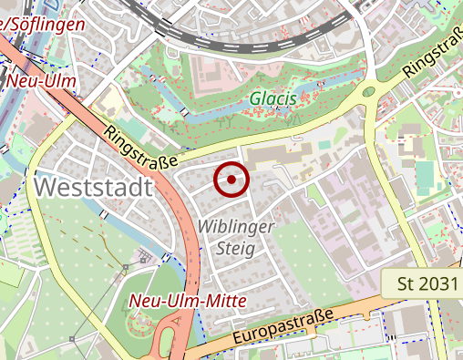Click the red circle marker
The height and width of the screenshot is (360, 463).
pyautogui.click(x=231, y=180)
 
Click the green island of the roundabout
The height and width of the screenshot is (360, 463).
pyautogui.click(x=368, y=90)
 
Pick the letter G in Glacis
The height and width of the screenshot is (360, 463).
pyautogui.click(x=256, y=98)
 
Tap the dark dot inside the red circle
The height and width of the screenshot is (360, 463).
pyautogui.click(x=231, y=180)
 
